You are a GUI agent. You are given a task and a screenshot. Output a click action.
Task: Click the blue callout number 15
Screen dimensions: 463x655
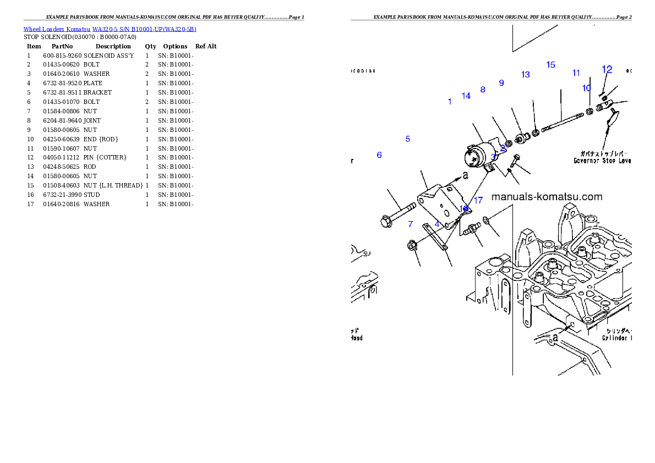(x=550, y=65)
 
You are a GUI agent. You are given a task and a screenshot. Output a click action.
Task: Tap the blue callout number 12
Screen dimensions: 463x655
(x=607, y=69)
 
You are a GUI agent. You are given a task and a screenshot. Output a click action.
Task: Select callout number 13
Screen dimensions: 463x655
(x=526, y=75)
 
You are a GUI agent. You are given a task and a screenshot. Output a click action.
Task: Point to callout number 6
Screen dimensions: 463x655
(x=379, y=156)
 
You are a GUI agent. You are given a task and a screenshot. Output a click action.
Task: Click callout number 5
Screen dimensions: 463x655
(x=408, y=139)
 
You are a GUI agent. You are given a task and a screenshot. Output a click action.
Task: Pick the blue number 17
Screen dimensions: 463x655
(x=478, y=201)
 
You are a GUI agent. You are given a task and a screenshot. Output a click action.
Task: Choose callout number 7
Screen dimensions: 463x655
(x=411, y=224)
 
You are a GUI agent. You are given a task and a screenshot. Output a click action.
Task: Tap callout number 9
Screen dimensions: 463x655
(x=501, y=83)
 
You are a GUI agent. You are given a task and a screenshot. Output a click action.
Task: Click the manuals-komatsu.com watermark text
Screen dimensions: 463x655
(x=547, y=197)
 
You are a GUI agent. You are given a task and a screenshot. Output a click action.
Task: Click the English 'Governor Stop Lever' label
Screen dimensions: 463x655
(x=602, y=161)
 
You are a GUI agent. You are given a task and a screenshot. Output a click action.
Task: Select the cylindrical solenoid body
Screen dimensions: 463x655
(x=478, y=155)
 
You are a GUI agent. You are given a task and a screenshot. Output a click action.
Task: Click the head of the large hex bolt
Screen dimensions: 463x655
(x=385, y=222)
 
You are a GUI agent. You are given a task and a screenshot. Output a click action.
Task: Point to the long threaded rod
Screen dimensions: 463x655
(x=561, y=122)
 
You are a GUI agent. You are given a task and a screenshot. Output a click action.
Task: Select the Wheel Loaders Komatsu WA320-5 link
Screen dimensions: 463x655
(x=110, y=29)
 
